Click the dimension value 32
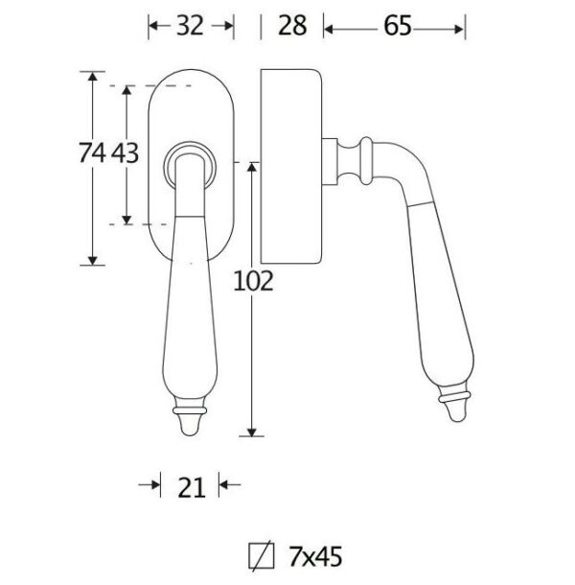190,26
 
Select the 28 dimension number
292,26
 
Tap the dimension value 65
398,26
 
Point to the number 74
92,153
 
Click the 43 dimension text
125,153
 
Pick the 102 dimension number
253,281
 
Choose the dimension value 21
192,487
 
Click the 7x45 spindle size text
315,557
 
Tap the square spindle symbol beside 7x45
262,556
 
